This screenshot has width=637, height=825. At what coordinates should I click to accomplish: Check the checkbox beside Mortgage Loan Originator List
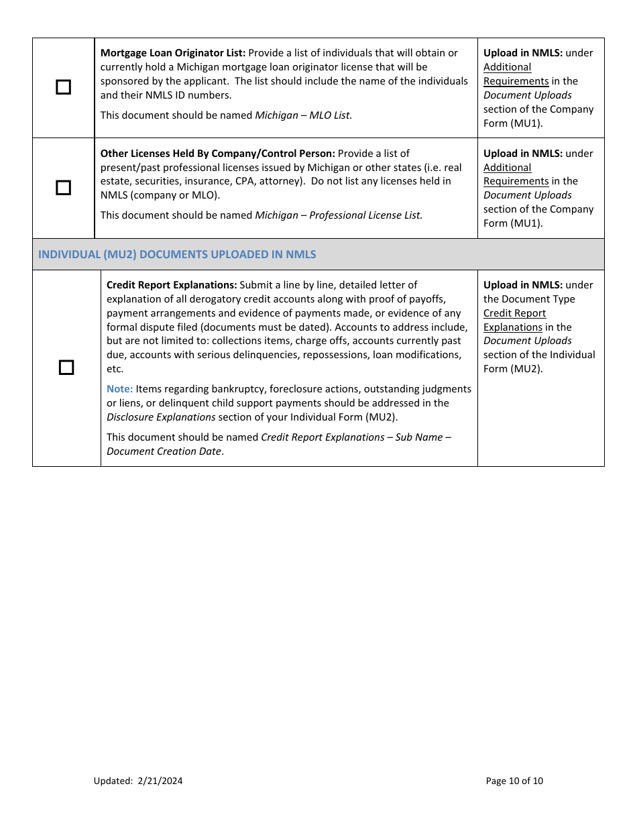point(63,87)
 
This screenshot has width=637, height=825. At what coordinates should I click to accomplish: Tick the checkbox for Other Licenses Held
point(63,188)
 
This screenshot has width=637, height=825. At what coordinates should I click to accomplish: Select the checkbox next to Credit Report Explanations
point(66,368)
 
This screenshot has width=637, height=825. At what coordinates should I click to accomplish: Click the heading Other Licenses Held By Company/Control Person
point(217,154)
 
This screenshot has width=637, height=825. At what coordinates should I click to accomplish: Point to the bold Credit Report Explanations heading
point(172,285)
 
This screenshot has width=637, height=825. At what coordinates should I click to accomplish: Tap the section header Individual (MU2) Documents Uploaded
point(177,254)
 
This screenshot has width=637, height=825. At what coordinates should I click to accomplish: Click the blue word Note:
point(119,389)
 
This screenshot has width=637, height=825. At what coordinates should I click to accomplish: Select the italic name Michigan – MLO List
point(303,115)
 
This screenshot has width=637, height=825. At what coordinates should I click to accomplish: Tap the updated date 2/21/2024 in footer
point(160,781)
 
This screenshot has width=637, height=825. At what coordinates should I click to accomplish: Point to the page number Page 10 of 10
point(514,781)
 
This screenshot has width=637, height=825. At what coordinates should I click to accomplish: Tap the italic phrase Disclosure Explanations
point(161,417)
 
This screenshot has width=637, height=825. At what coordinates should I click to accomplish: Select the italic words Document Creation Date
point(164,451)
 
